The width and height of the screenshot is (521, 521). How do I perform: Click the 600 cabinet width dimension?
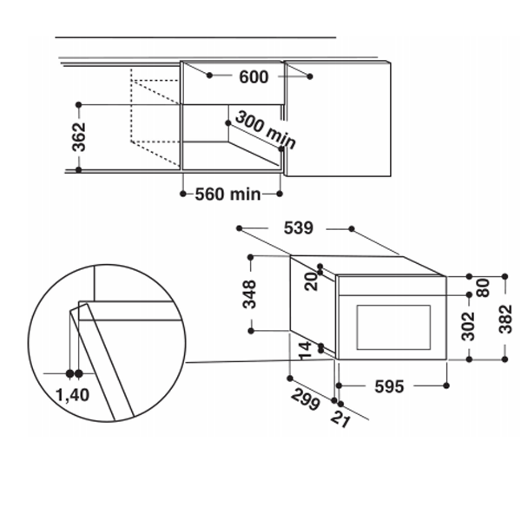point(254,77)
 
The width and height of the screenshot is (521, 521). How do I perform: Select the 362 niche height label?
point(79,137)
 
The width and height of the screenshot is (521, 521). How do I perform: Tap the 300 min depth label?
point(265,130)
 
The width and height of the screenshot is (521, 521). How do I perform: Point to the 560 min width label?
point(228,194)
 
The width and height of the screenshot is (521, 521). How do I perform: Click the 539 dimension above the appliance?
point(299,228)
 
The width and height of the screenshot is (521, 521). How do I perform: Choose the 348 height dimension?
point(250,294)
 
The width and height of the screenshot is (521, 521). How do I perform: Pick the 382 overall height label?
point(505,319)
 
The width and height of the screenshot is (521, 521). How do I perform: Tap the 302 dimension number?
point(469,326)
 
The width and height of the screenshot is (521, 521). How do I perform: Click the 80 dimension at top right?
point(484,287)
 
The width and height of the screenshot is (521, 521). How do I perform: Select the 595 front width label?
point(389,386)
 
